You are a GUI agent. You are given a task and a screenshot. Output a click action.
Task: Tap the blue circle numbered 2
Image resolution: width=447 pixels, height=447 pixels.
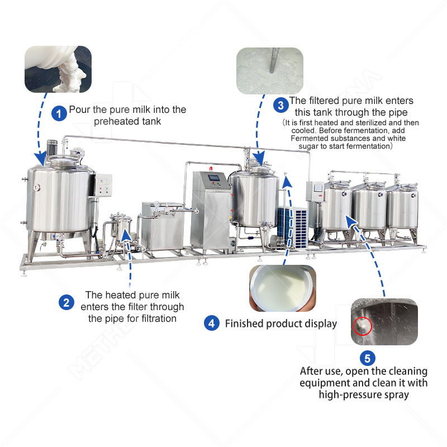[x=66, y=303]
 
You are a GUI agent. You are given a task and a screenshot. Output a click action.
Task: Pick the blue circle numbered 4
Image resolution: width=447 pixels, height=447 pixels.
[x=211, y=323]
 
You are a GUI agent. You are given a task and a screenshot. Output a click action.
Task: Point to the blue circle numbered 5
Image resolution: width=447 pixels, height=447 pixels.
[x=367, y=358]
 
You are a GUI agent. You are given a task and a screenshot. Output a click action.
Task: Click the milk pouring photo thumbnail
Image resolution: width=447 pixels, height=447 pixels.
[x=58, y=69]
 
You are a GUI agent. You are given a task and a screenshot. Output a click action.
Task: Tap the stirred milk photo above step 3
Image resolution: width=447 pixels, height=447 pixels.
[x=269, y=69]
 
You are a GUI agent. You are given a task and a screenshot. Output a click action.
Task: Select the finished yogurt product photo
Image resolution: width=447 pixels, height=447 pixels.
[x=282, y=288]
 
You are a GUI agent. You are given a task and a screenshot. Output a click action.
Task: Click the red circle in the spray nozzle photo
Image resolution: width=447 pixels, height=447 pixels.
[x=362, y=324]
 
